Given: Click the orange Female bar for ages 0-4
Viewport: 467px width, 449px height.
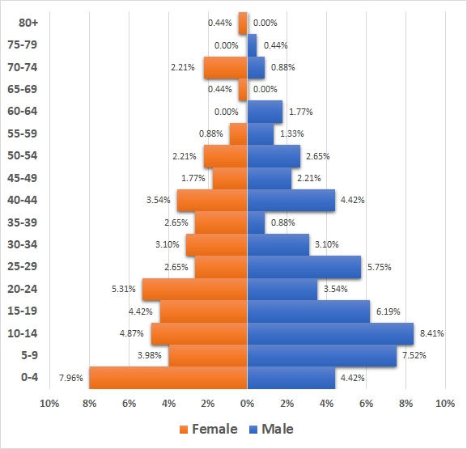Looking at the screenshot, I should [x=168, y=378].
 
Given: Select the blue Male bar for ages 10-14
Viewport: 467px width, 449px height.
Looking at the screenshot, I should [x=330, y=333].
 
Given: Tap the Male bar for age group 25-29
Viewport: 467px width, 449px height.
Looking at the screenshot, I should [x=304, y=267].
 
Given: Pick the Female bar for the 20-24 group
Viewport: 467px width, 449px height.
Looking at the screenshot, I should [x=194, y=289].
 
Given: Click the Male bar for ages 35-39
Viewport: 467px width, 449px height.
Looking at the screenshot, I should [x=256, y=222].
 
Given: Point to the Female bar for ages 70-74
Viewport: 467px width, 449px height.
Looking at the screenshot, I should [x=225, y=67].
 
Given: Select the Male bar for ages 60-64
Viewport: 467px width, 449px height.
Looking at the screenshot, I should [x=265, y=112].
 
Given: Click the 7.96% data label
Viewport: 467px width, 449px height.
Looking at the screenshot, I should [x=71, y=378].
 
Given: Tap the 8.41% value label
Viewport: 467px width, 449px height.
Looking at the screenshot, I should [x=432, y=333].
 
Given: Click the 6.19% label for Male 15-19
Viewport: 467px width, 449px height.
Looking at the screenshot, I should [x=388, y=311].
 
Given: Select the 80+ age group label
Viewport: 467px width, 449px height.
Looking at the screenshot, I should [x=28, y=23].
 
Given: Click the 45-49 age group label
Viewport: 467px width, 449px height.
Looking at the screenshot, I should [x=28, y=178].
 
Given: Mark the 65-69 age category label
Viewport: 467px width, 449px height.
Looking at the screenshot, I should [x=28, y=89].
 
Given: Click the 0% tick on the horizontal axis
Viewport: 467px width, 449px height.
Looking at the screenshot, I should [x=247, y=403].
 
